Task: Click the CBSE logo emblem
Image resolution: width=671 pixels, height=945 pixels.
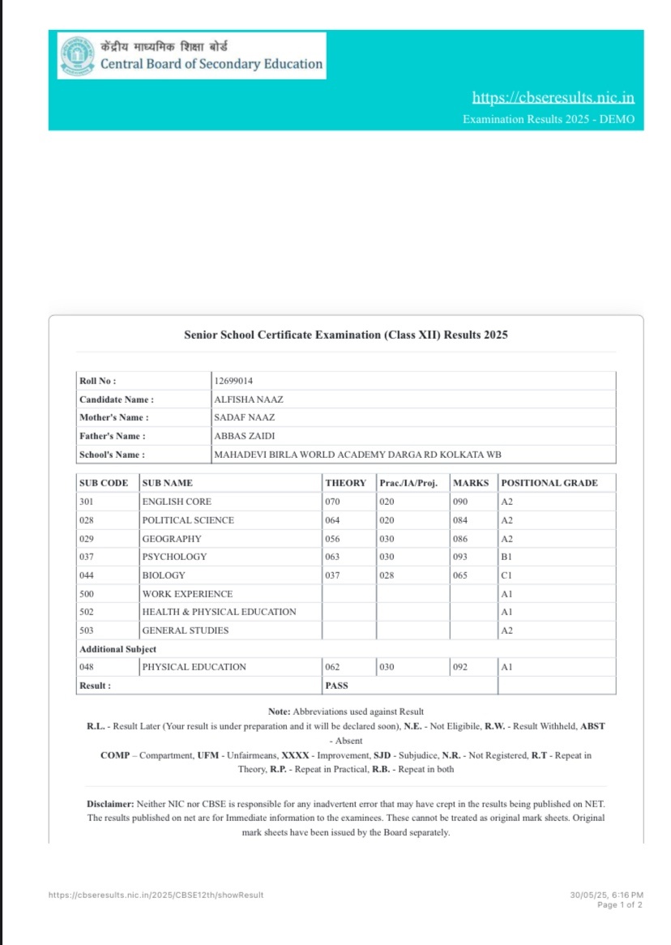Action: [76, 55]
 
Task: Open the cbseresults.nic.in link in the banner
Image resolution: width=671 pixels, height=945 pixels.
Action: [553, 98]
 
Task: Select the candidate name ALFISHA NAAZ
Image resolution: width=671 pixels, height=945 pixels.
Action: [248, 400]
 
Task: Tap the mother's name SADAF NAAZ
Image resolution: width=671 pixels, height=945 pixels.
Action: [244, 417]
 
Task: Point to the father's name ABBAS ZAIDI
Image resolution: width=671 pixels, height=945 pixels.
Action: [244, 436]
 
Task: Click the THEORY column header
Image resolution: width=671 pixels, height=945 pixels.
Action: [346, 483]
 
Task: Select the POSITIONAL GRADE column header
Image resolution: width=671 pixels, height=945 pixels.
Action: [549, 483]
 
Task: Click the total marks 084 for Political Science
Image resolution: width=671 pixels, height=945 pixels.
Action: [460, 520]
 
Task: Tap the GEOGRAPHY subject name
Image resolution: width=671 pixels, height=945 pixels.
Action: [172, 539]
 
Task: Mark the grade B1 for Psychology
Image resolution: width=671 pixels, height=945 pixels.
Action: [506, 557]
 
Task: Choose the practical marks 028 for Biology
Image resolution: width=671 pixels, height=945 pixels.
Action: [387, 575]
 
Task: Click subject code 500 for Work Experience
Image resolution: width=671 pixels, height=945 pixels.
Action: [87, 594]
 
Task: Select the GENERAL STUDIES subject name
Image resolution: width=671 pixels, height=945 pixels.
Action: [185, 631]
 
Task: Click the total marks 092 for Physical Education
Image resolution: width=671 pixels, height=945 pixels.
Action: [460, 667]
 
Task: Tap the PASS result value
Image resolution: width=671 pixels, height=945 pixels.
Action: [336, 686]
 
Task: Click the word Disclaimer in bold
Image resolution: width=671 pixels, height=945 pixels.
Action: [109, 804]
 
